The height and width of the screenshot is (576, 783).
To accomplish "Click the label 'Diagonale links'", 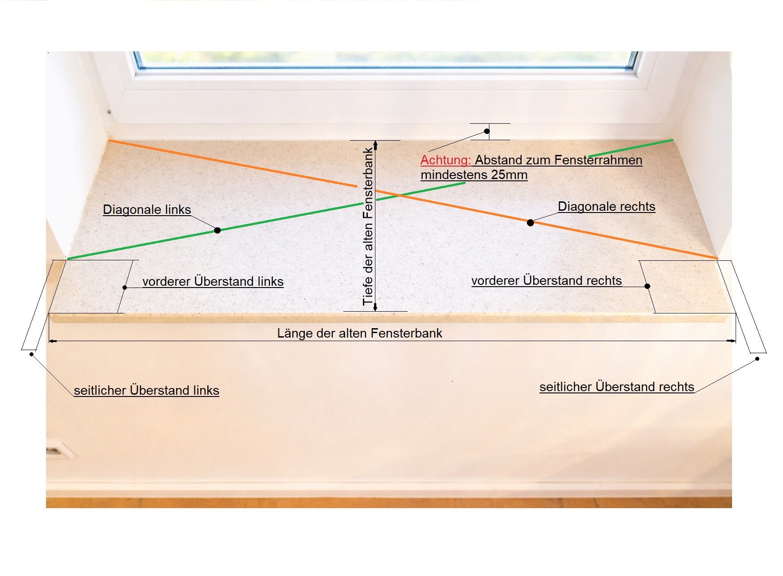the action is (147, 210).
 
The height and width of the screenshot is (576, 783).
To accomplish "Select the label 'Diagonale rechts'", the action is (606, 207).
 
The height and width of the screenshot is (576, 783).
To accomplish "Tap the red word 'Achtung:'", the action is (446, 160).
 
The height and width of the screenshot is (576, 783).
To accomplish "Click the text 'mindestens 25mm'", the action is (474, 175).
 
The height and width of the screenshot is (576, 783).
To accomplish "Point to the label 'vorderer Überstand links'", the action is (213, 281).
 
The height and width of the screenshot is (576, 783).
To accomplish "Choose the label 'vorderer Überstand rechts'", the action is (547, 280).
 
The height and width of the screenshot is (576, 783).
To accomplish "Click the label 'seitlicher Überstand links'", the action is (147, 390).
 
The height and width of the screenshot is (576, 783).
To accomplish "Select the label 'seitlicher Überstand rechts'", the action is (617, 387).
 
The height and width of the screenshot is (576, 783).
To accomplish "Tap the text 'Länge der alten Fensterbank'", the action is (360, 333).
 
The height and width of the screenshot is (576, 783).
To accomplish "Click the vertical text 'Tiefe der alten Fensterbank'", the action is (368, 226).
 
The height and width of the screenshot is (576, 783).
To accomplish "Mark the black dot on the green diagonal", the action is (217, 230).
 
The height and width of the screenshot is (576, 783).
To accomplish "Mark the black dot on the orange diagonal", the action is (530, 223).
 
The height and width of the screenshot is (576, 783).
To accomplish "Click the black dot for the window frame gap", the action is (487, 131).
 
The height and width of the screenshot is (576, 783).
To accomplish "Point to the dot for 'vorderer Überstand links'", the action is (125, 288).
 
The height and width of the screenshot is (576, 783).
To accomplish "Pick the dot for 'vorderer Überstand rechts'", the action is (648, 286).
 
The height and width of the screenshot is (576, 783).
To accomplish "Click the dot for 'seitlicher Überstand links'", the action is (31, 355).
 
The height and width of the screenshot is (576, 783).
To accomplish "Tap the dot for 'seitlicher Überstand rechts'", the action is (757, 359).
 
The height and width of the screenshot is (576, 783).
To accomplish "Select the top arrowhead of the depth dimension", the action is (375, 144).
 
